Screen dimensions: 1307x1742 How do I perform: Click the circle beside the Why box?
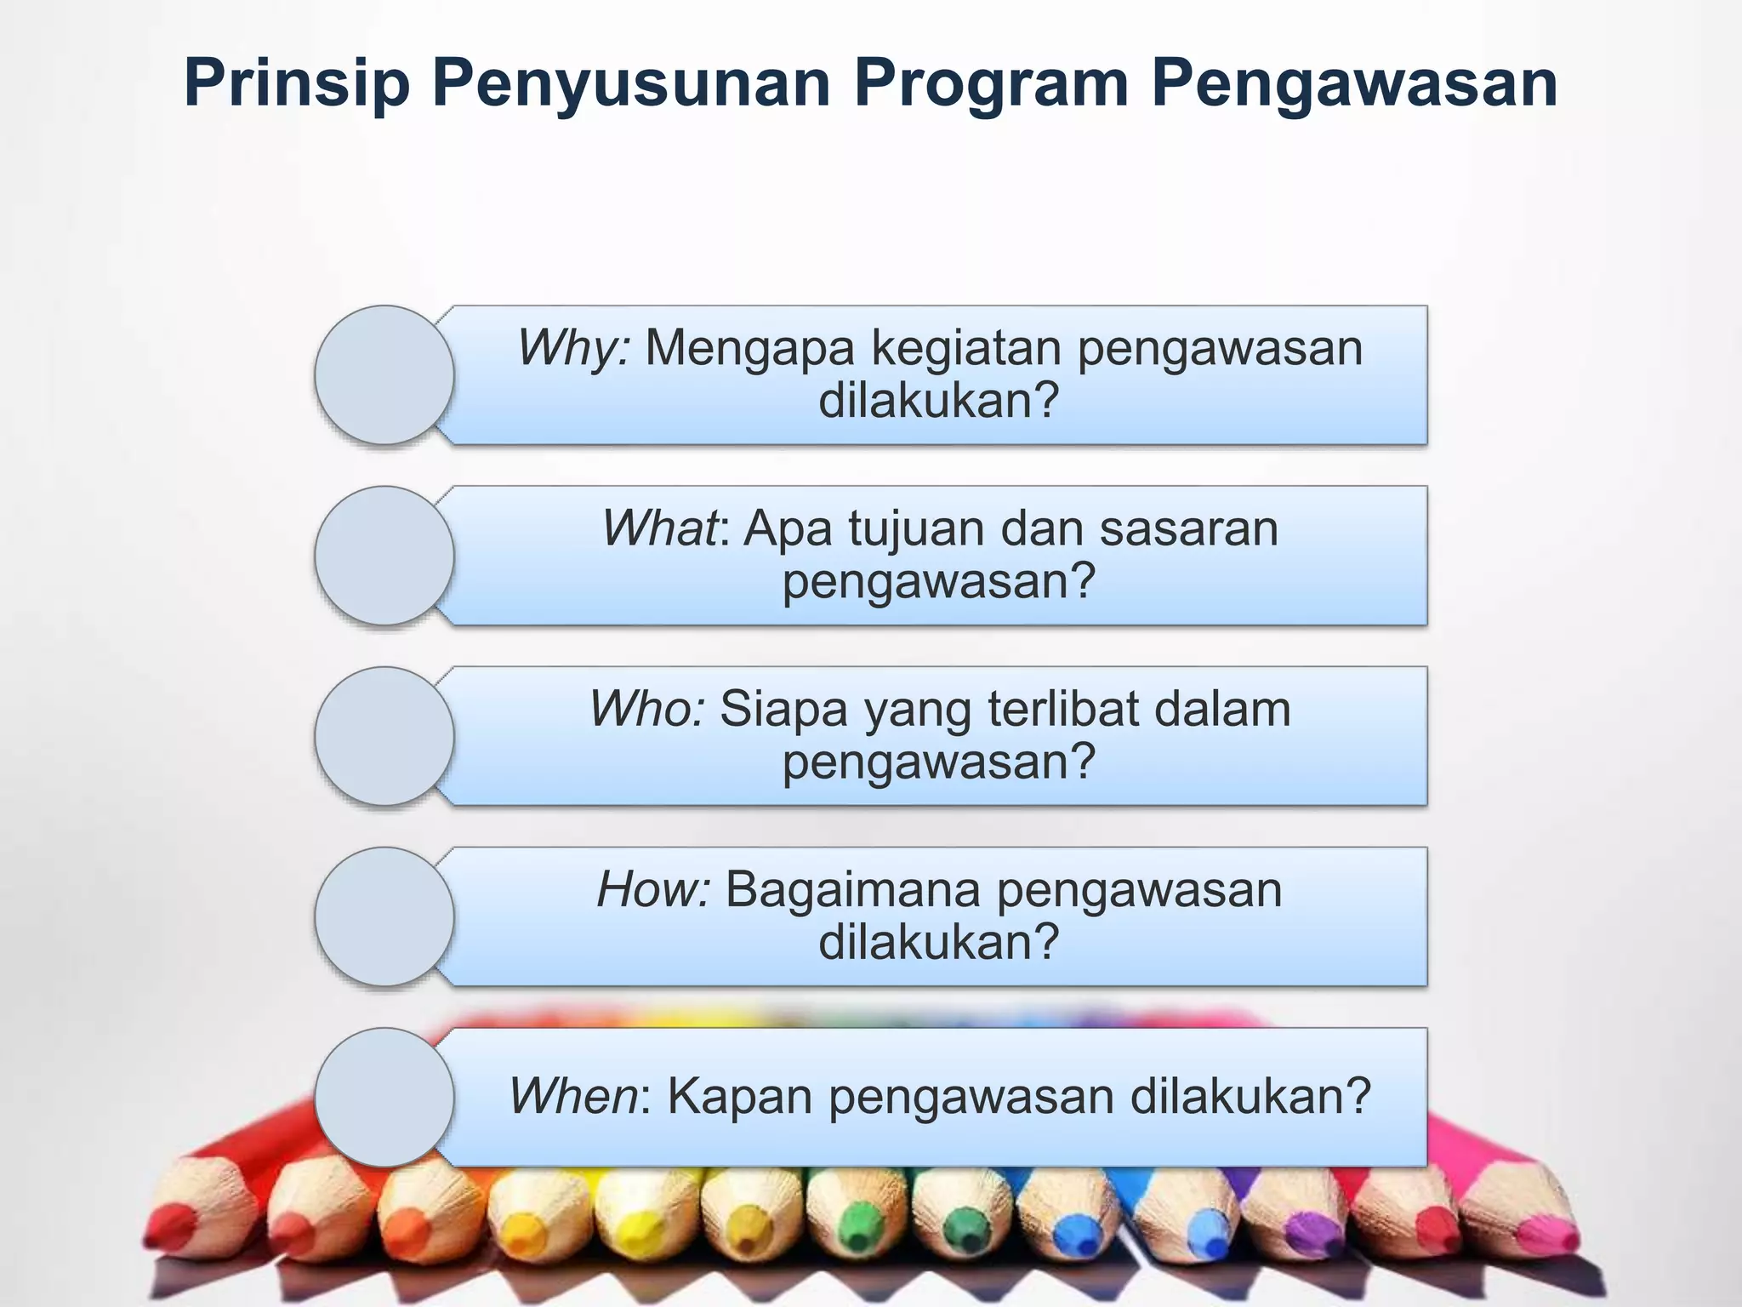[384, 374]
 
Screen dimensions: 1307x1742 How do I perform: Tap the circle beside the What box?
[384, 555]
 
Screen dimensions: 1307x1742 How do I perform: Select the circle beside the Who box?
[384, 735]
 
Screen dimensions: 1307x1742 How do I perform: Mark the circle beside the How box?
[384, 916]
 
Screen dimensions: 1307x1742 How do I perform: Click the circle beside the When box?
[384, 1097]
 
